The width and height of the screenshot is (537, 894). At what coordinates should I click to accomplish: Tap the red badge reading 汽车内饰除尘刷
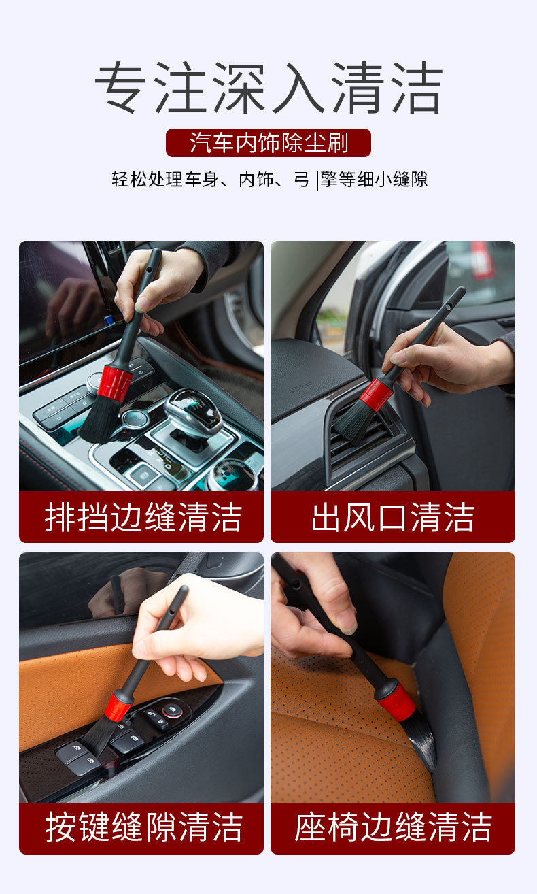[268, 143]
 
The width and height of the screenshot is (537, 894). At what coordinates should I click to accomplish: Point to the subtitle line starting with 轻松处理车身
[269, 179]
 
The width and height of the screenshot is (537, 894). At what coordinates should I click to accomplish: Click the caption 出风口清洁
[393, 518]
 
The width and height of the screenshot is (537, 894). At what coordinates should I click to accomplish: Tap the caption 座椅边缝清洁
[393, 828]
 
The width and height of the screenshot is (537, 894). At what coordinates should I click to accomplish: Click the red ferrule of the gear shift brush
[115, 384]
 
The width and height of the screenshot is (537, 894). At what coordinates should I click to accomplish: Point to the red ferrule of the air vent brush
[376, 395]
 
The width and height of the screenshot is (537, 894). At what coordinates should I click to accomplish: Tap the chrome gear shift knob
[193, 411]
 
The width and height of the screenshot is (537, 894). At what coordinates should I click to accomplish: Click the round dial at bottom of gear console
[232, 476]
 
